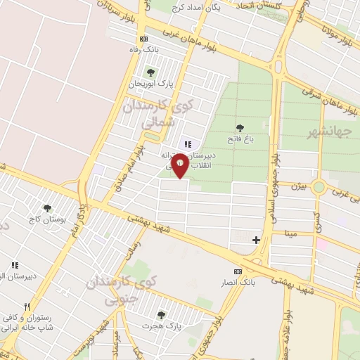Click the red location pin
pyautogui.click(x=180, y=165)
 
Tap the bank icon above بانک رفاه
pyautogui.click(x=144, y=39)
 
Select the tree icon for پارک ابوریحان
pyautogui.click(x=149, y=72)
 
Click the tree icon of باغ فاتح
pyautogui.click(x=240, y=128)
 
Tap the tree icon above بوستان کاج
pyautogui.click(x=47, y=207)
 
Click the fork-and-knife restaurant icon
pyautogui.click(x=27, y=307)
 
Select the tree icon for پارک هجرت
pyautogui.click(x=162, y=314)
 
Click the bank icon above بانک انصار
pyautogui.click(x=238, y=271)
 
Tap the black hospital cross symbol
pyautogui.click(x=256, y=240)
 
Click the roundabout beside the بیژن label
pyautogui.click(x=320, y=188)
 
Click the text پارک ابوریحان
pyautogui.click(x=150, y=84)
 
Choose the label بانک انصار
pyautogui.click(x=236, y=282)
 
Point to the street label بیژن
pyautogui.click(x=299, y=187)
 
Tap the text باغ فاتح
pyautogui.click(x=240, y=139)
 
